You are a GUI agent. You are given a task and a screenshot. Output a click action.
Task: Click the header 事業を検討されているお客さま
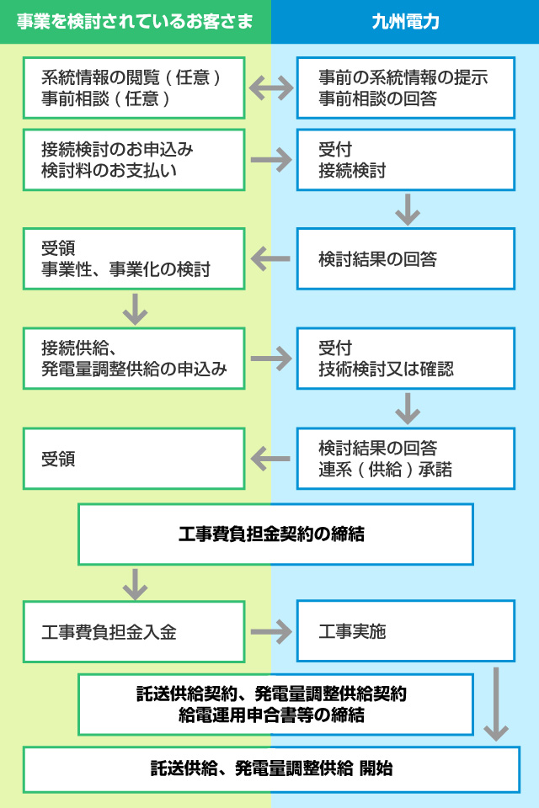point(135,22)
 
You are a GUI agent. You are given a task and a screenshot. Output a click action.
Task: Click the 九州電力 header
point(405,22)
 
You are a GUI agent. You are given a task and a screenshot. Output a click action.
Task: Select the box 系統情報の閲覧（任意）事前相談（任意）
point(134,88)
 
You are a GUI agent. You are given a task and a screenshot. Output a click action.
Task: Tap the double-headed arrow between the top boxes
point(271,88)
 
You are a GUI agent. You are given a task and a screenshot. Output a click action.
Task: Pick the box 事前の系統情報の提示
point(406,88)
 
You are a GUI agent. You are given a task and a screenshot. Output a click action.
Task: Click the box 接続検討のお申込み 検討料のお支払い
point(134,160)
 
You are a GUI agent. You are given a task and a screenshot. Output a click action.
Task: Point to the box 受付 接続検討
point(406,160)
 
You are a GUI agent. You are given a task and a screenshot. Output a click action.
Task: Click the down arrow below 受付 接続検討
point(408,210)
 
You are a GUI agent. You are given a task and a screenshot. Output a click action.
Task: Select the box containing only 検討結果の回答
point(406,258)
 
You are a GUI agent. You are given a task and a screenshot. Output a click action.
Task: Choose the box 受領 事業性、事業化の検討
point(134,258)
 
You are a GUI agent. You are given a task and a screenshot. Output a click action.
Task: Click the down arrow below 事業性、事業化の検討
point(135,309)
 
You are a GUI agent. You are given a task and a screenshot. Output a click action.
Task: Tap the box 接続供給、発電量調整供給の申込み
point(134,359)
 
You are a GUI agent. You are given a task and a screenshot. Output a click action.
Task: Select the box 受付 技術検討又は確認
point(406,359)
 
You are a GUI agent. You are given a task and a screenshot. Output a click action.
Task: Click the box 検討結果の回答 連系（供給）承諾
point(406,458)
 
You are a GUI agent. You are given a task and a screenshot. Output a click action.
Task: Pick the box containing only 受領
point(134,458)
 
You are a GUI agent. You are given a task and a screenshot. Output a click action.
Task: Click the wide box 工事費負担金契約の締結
point(276,534)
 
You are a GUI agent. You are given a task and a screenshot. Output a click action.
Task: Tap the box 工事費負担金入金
point(134,631)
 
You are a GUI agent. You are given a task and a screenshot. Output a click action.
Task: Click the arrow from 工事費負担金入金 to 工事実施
point(271,632)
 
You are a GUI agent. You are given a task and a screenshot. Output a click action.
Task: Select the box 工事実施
point(406,631)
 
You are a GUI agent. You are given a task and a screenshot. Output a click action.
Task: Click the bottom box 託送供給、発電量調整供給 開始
point(272,769)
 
